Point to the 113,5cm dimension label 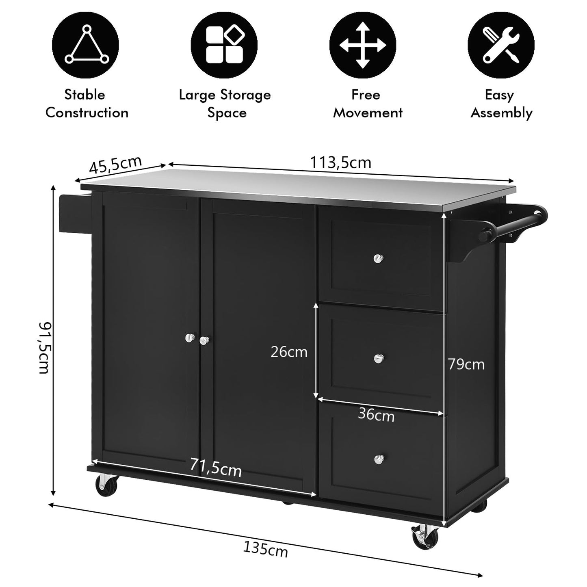pyautogui.click(x=340, y=163)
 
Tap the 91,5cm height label pyautogui.click(x=44, y=347)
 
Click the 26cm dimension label pyautogui.click(x=289, y=352)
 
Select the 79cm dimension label pyautogui.click(x=466, y=364)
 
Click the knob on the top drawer pyautogui.click(x=379, y=258)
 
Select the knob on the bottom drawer pyautogui.click(x=379, y=459)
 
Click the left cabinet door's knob pyautogui.click(x=189, y=338)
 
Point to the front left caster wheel pyautogui.click(x=107, y=485)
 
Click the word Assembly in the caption pyautogui.click(x=501, y=113)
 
